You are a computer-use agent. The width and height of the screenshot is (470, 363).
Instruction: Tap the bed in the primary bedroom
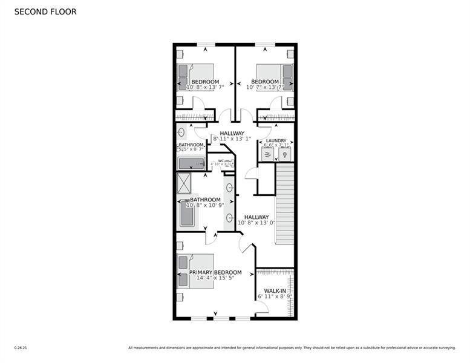tap(195, 271)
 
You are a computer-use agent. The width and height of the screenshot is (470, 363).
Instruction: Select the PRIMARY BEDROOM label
tap(215, 272)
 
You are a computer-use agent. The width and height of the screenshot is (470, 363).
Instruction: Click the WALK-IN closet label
tap(275, 291)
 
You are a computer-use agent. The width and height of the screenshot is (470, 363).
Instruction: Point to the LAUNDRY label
tap(276, 141)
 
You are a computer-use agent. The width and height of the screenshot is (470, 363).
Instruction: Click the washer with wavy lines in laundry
tap(267, 155)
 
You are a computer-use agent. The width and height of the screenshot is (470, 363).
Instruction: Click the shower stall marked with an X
tap(184, 182)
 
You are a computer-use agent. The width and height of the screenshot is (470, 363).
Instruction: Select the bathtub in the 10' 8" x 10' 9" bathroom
tap(187, 214)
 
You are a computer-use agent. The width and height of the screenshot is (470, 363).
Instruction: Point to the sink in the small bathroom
tap(181, 132)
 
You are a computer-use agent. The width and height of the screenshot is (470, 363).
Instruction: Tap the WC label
tap(221, 161)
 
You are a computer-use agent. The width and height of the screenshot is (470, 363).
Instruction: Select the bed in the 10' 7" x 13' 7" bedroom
tap(275, 77)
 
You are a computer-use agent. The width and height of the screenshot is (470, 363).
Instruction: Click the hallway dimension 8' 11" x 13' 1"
tap(232, 139)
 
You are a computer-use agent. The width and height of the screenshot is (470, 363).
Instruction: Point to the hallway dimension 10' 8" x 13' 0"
tap(256, 223)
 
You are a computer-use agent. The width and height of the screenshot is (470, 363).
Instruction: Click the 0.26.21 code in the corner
tap(21, 348)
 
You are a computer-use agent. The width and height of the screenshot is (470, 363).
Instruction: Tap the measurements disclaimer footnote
tap(292, 348)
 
